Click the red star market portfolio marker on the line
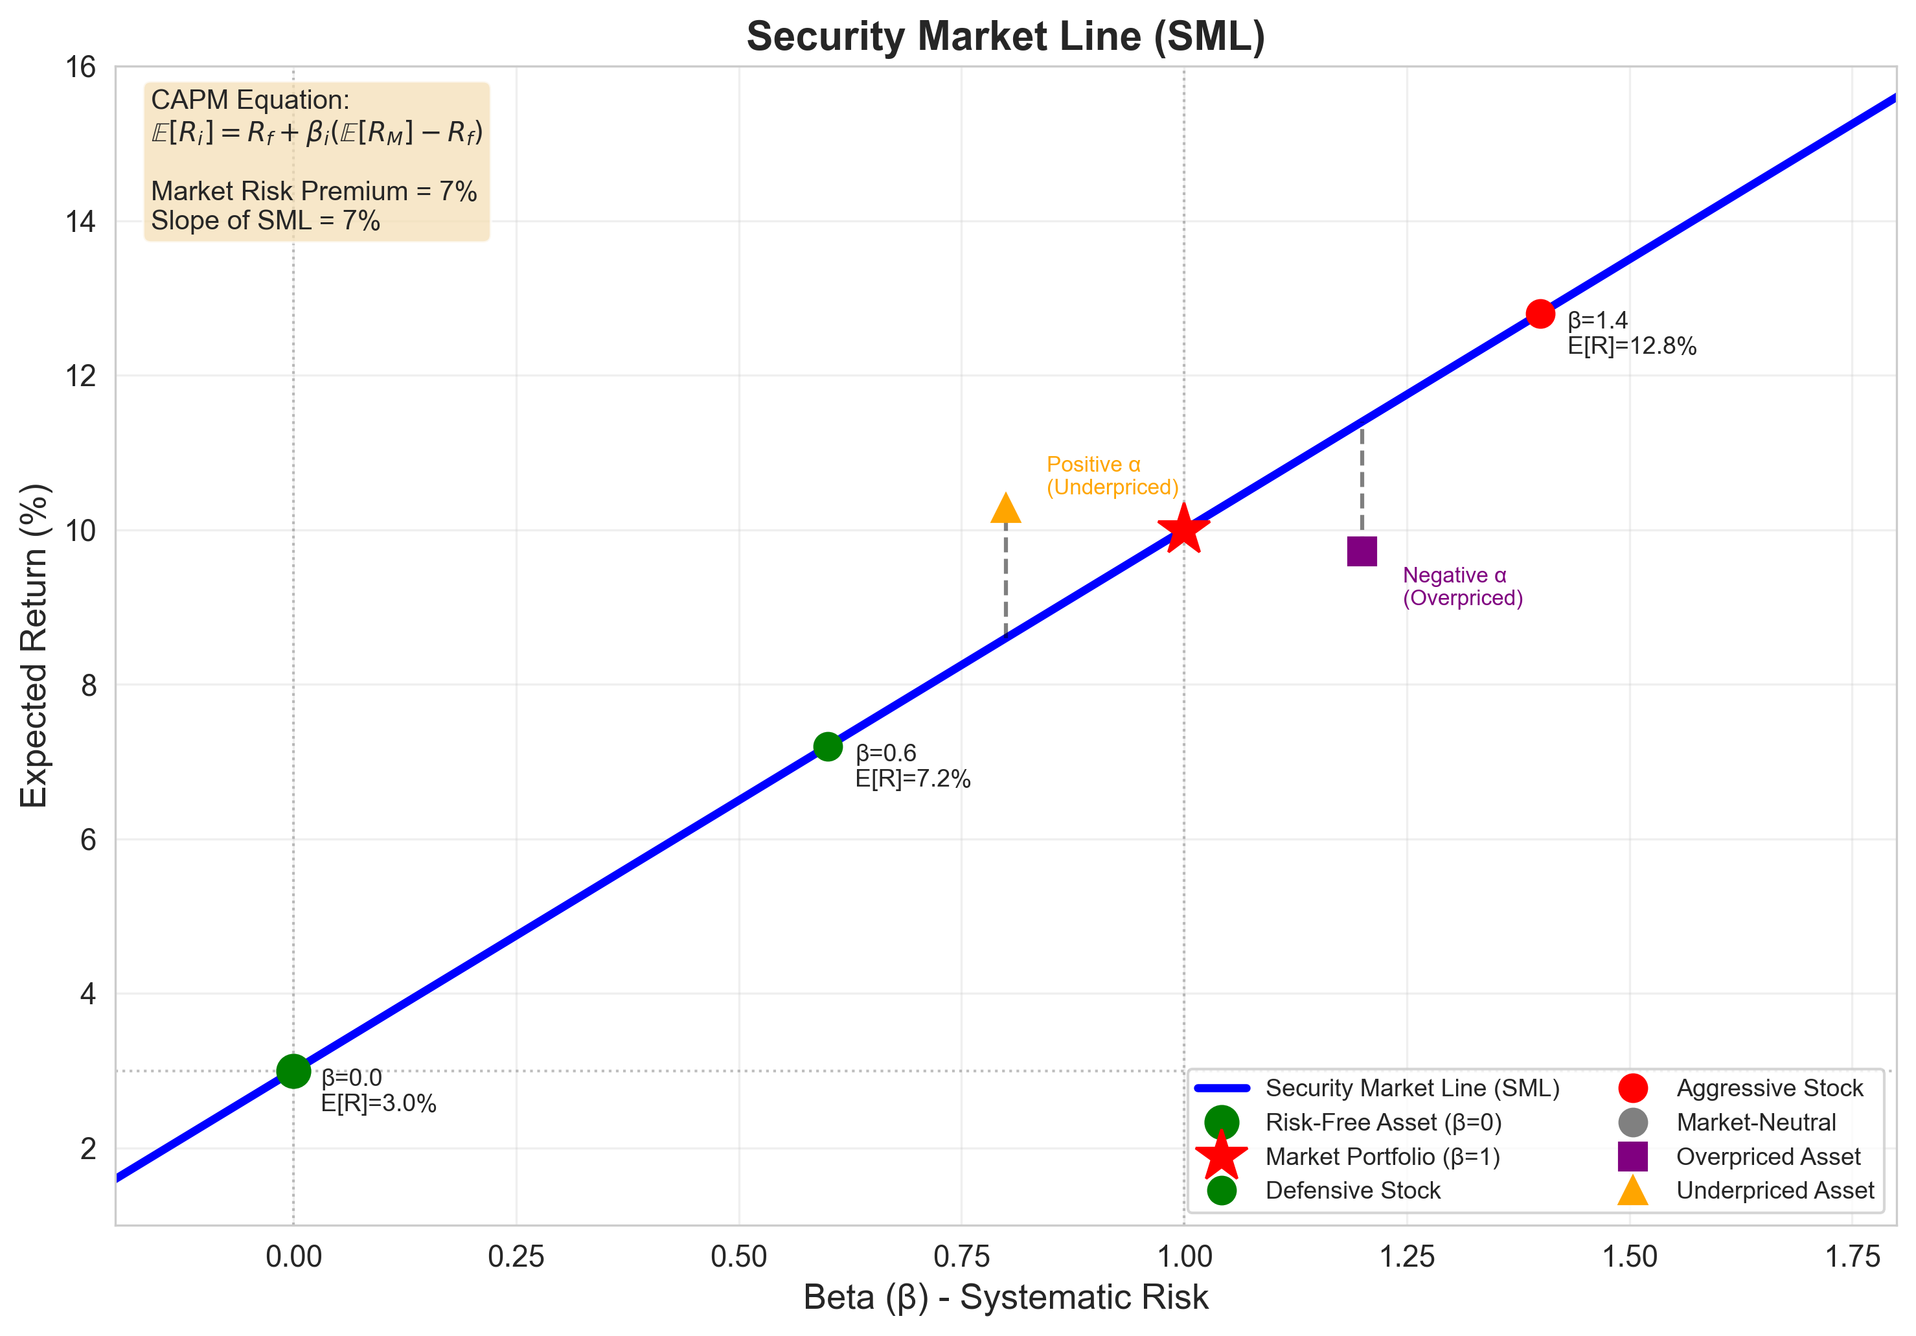[x=1183, y=529]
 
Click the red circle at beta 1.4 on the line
[x=1540, y=314]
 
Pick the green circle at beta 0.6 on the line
[x=828, y=746]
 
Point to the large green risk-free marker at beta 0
[x=293, y=1070]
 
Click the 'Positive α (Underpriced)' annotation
[x=1112, y=476]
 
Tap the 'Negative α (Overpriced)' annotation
[x=1462, y=586]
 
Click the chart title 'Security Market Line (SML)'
[x=1005, y=37]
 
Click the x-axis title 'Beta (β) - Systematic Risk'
[x=1005, y=1298]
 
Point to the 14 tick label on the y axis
[x=81, y=222]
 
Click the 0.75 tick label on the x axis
[x=961, y=1257]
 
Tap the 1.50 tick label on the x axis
[x=1630, y=1257]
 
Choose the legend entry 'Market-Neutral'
[x=1756, y=1122]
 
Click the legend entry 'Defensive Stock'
[x=1352, y=1191]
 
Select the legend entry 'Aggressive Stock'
[x=1769, y=1088]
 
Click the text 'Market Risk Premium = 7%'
[x=314, y=191]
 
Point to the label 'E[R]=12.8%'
[x=1632, y=346]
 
